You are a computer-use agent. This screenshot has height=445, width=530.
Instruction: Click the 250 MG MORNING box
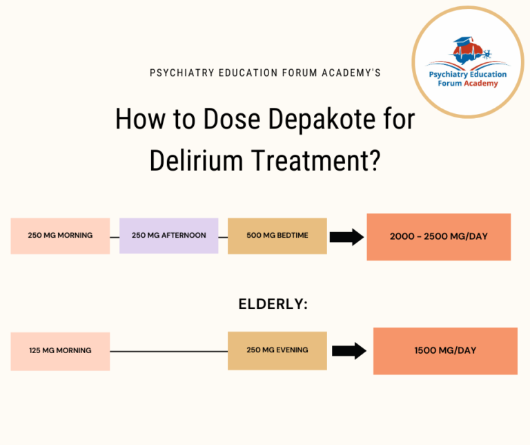click(x=60, y=236)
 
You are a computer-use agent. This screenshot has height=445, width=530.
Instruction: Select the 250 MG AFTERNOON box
click(x=168, y=236)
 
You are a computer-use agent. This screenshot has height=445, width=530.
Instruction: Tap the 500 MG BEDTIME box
click(x=277, y=236)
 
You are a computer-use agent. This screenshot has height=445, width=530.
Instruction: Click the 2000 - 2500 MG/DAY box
click(x=438, y=237)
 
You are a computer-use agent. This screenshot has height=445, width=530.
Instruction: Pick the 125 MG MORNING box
click(x=60, y=351)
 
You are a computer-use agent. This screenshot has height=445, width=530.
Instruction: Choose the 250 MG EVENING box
click(x=277, y=350)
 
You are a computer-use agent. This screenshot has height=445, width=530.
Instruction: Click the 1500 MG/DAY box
click(x=445, y=351)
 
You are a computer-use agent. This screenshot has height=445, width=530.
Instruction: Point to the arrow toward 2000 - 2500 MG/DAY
click(x=346, y=237)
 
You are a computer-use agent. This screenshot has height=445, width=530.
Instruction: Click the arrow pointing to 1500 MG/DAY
click(x=349, y=351)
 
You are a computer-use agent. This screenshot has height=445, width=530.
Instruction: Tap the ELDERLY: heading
click(x=273, y=304)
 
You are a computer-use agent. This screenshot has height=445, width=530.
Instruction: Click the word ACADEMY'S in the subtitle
click(x=352, y=73)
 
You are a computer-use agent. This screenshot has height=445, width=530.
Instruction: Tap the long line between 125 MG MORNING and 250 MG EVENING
click(x=168, y=351)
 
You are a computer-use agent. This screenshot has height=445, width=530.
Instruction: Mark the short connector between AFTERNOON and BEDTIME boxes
click(x=223, y=236)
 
